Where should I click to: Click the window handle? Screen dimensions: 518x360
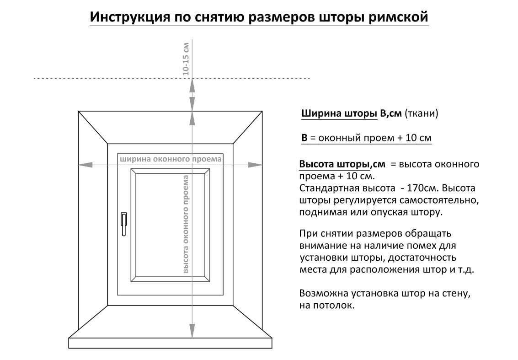click(x=124, y=224)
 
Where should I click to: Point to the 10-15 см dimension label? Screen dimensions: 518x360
click(x=186, y=59)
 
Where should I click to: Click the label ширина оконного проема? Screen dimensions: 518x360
click(x=171, y=159)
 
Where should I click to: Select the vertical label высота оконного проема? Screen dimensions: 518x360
click(x=186, y=224)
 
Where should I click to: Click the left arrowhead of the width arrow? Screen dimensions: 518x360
click(x=85, y=165)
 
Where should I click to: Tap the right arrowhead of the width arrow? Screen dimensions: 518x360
click(x=255, y=165)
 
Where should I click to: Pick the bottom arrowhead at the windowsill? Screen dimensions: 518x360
click(x=192, y=331)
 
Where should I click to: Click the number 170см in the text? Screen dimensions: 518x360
click(x=422, y=188)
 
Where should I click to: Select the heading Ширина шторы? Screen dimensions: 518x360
click(x=339, y=113)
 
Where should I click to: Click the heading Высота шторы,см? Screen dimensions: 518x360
click(x=342, y=164)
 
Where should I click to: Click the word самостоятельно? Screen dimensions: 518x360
click(x=439, y=200)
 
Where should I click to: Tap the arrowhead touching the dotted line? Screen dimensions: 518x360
click(x=192, y=85)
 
